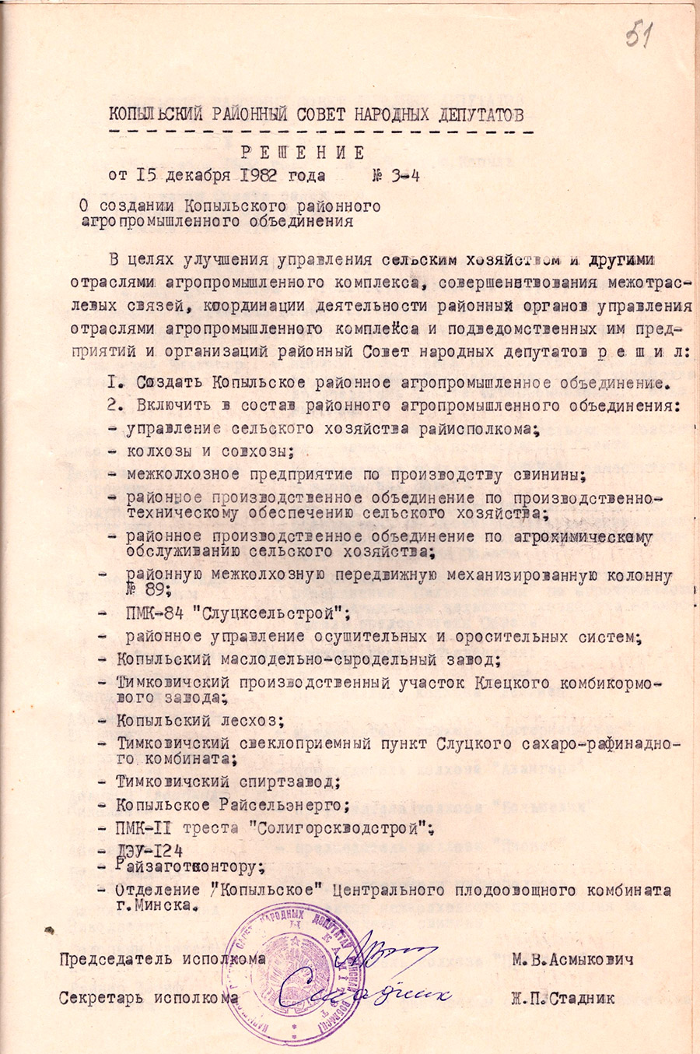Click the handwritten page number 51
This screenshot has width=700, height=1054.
[638, 35]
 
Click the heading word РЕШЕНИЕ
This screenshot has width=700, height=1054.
[302, 153]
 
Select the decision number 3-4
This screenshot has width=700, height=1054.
[404, 175]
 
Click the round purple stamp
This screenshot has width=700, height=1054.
[294, 982]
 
